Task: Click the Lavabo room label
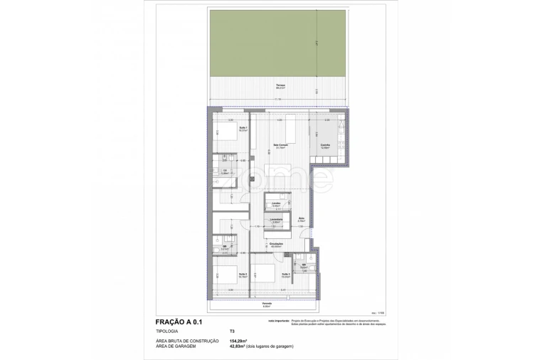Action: [276, 204]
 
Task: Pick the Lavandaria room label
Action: [276, 220]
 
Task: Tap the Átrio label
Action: [301, 221]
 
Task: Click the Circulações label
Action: [276, 245]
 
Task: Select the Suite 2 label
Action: [243, 274]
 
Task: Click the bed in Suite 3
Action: [262, 274]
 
